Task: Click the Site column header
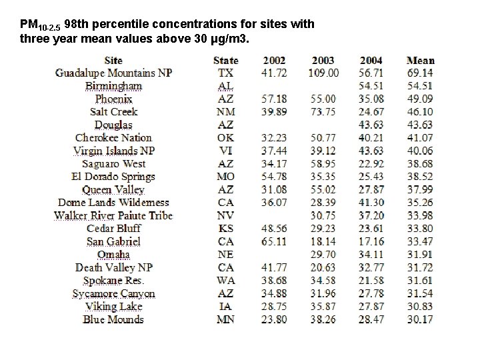pyautogui.click(x=113, y=61)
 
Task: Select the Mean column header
pyautogui.click(x=420, y=61)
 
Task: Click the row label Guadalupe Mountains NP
pyautogui.click(x=113, y=73)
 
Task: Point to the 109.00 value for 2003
pyautogui.click(x=323, y=73)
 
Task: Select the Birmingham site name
pyautogui.click(x=113, y=86)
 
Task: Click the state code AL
pyautogui.click(x=225, y=86)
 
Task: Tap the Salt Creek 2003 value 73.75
pyautogui.click(x=323, y=112)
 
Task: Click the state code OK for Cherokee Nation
pyautogui.click(x=225, y=138)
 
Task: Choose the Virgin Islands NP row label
pyautogui.click(x=113, y=151)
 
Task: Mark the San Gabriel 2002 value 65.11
pyautogui.click(x=275, y=241)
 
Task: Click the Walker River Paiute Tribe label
pyautogui.click(x=113, y=215)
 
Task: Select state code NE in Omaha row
pyautogui.click(x=225, y=255)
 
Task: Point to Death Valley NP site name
pyautogui.click(x=113, y=267)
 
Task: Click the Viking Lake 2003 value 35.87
pyautogui.click(x=323, y=307)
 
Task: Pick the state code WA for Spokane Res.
pyautogui.click(x=225, y=281)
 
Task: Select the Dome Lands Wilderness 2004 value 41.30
pyautogui.click(x=371, y=203)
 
